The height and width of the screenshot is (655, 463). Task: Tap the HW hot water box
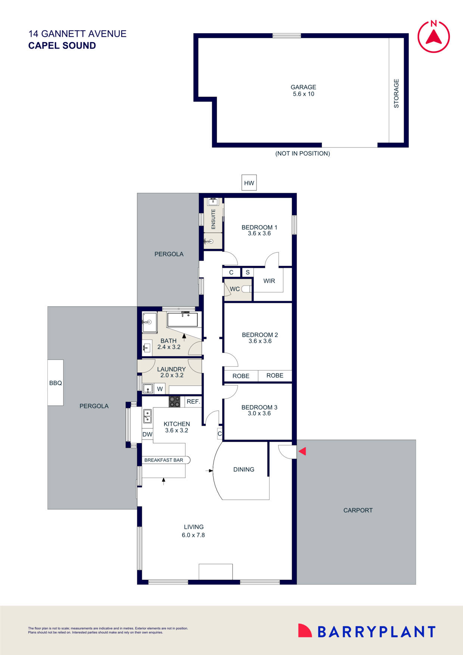click(249, 183)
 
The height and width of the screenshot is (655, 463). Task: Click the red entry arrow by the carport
click(302, 451)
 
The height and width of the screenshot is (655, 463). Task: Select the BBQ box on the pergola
click(55, 383)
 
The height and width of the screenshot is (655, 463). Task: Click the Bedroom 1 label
click(259, 227)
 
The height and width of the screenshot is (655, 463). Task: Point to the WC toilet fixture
click(246, 289)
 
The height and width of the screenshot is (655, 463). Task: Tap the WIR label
click(269, 281)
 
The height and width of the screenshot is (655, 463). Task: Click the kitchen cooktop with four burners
click(174, 401)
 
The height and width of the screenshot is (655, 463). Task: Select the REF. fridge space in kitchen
click(193, 401)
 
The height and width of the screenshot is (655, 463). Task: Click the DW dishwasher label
click(147, 434)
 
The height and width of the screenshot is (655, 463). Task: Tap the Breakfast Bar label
click(164, 460)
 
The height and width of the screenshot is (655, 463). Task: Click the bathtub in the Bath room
click(182, 320)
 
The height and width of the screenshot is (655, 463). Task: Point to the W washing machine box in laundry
click(160, 389)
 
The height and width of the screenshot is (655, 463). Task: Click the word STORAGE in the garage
click(397, 93)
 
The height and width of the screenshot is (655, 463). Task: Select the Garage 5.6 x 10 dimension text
click(303, 94)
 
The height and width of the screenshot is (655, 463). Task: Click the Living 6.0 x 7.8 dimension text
click(193, 535)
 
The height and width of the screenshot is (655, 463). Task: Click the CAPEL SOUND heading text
click(62, 46)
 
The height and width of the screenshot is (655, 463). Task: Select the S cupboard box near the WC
click(248, 272)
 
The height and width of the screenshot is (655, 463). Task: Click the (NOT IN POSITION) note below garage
click(302, 153)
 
